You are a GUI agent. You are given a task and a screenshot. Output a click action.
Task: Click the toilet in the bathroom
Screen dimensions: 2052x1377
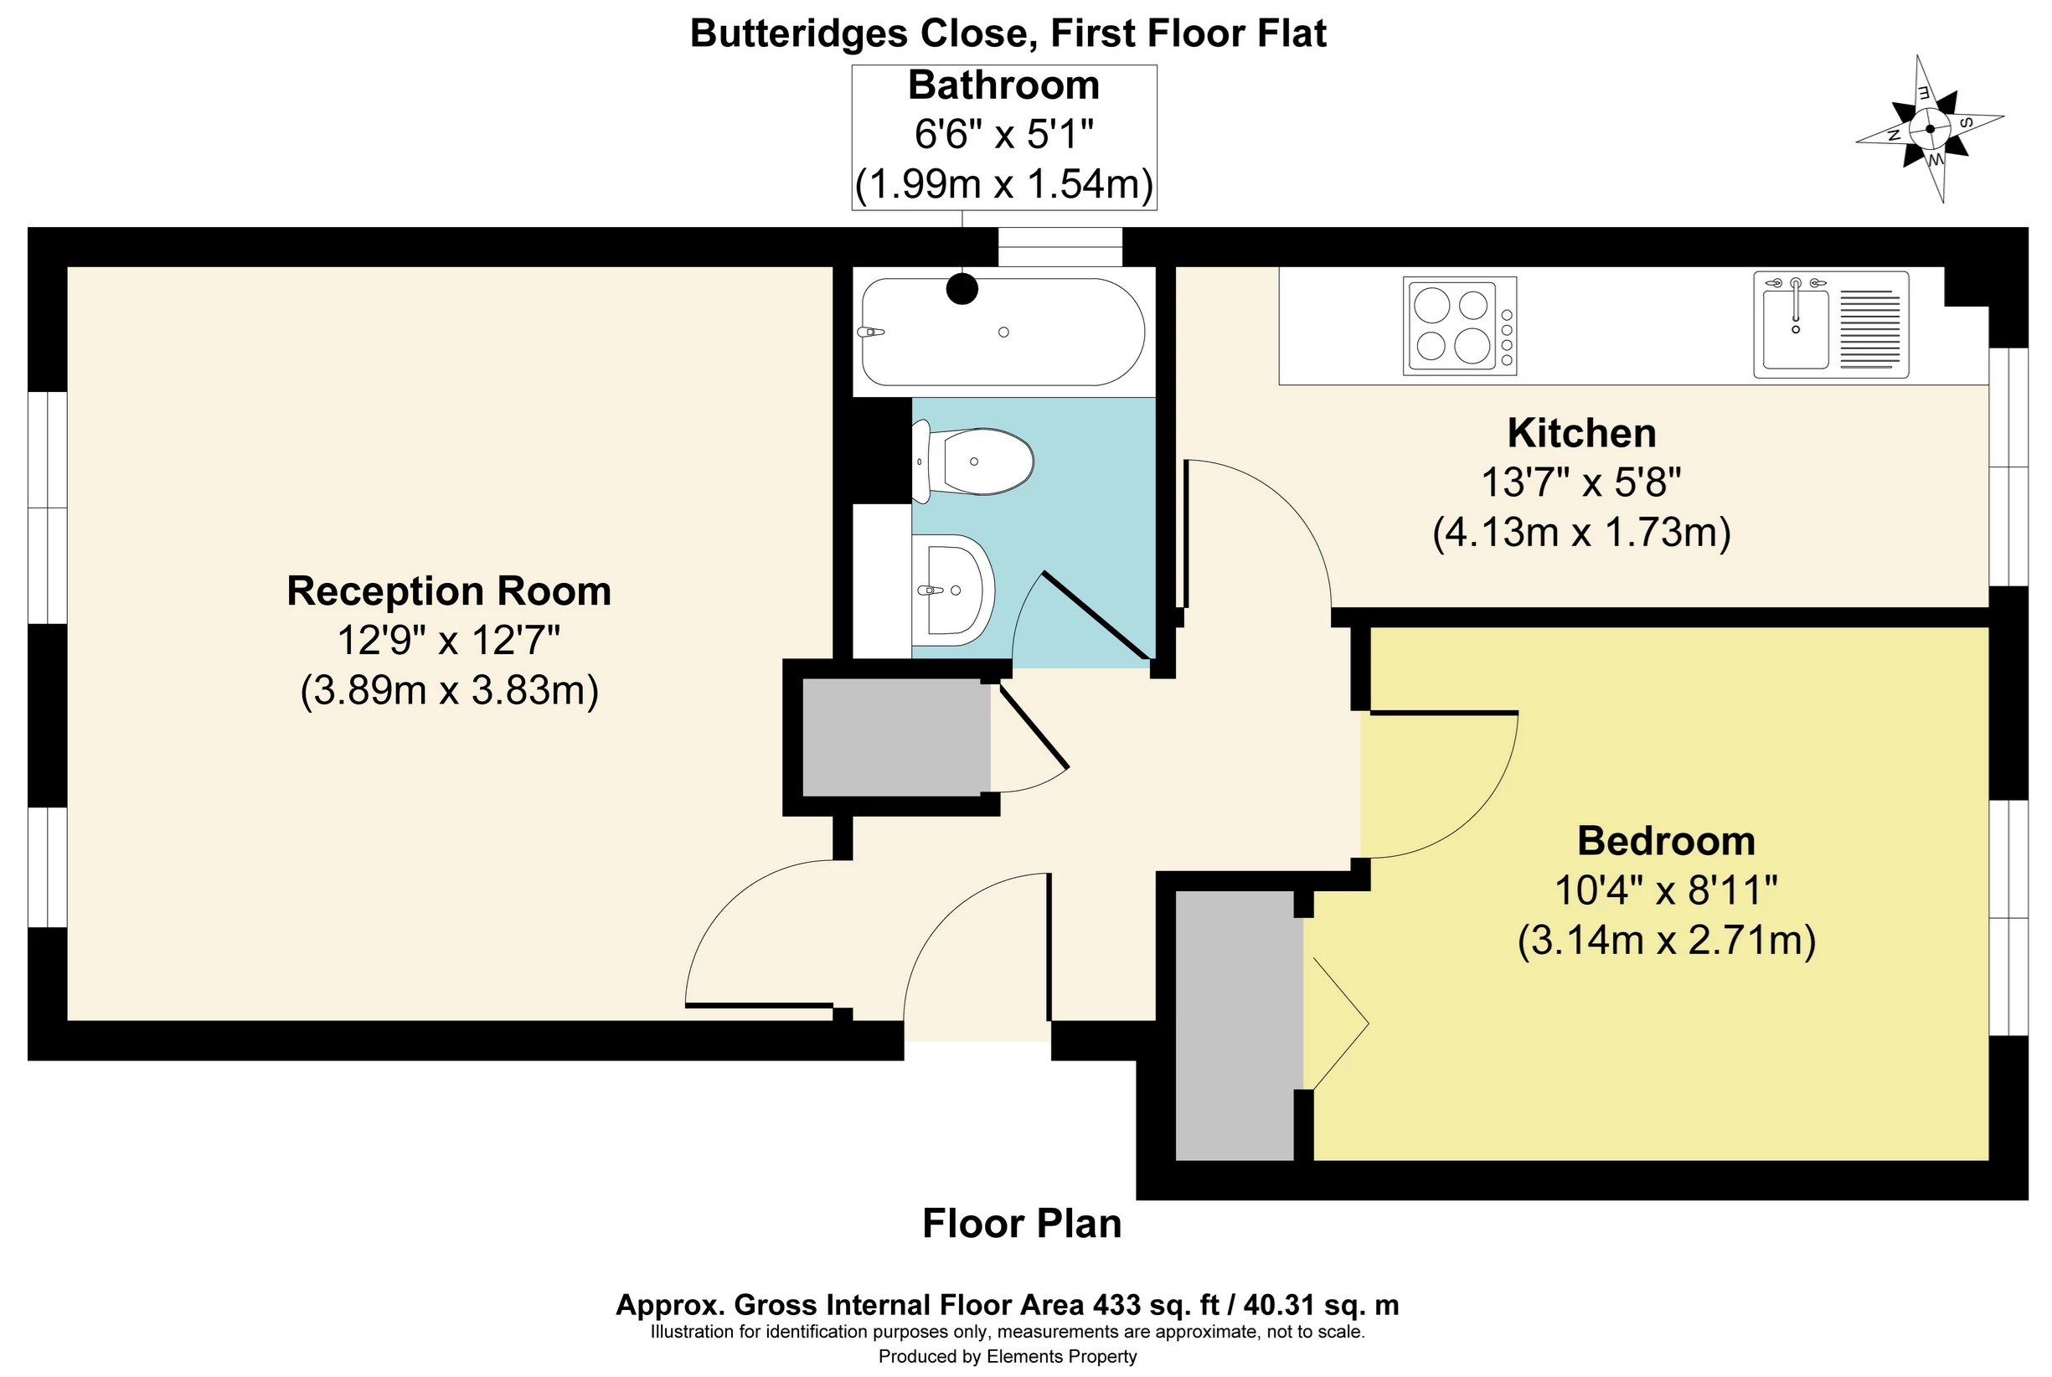(x=972, y=461)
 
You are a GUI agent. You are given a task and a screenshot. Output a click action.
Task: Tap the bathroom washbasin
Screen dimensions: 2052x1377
(x=952, y=590)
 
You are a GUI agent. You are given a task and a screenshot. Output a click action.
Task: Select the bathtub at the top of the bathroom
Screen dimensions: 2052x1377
(x=1003, y=332)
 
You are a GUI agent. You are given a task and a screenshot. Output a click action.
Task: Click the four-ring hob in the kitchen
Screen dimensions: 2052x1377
(x=1459, y=326)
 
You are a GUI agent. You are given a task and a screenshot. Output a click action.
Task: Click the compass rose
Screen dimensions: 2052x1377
(x=1930, y=129)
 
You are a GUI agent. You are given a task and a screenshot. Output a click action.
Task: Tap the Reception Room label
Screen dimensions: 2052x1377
(x=449, y=591)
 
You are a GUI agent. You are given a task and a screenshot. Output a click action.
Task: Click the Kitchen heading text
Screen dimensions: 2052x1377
(x=1581, y=433)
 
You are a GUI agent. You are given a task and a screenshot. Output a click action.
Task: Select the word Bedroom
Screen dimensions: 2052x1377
(x=1666, y=840)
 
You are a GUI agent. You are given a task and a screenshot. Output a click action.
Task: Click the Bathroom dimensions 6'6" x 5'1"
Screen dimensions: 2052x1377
(x=1003, y=134)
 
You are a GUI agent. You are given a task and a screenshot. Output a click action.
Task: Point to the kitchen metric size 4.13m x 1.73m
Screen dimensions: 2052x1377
(x=1581, y=532)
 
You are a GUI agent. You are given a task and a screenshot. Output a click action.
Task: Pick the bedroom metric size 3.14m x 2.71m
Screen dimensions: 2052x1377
(x=1666, y=941)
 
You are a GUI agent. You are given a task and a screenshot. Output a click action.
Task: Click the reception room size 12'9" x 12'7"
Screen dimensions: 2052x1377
(x=449, y=640)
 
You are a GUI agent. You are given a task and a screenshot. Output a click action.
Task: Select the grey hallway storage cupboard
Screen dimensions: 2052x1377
(x=896, y=737)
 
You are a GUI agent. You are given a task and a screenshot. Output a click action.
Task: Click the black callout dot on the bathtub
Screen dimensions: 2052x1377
(x=962, y=289)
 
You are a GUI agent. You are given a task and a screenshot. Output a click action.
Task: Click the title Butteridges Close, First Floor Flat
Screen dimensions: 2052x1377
(x=1008, y=34)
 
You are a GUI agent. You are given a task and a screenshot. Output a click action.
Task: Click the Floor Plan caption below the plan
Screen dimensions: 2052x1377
(x=1022, y=1224)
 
